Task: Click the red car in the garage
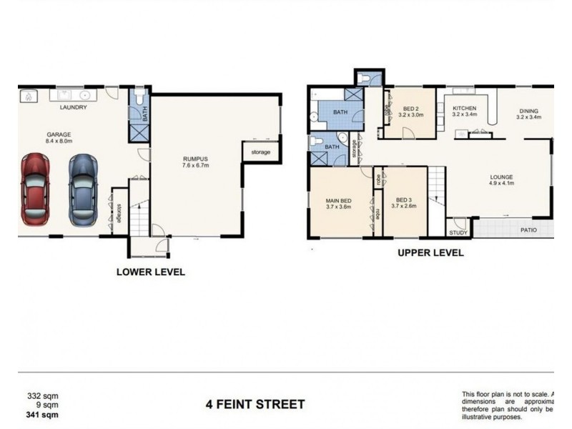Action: (x=36, y=189)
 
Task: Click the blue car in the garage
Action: (x=82, y=189)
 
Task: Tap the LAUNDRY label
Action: (x=73, y=108)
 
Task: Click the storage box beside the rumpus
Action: (x=260, y=152)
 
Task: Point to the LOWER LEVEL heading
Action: (x=150, y=272)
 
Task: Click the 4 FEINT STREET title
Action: (x=255, y=405)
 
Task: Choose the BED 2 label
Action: (x=410, y=109)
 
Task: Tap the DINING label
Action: (x=528, y=112)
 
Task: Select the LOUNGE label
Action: (x=501, y=177)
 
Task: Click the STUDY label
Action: (x=458, y=232)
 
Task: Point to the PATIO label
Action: (x=528, y=230)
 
